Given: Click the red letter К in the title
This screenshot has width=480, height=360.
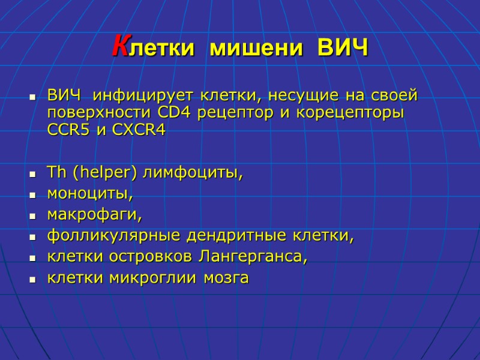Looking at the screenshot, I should (121, 46).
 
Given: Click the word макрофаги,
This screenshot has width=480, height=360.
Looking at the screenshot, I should (95, 215).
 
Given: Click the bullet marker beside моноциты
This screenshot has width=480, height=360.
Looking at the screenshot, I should (31, 196).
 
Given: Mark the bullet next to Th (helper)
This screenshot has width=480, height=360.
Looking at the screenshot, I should (31, 175).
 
